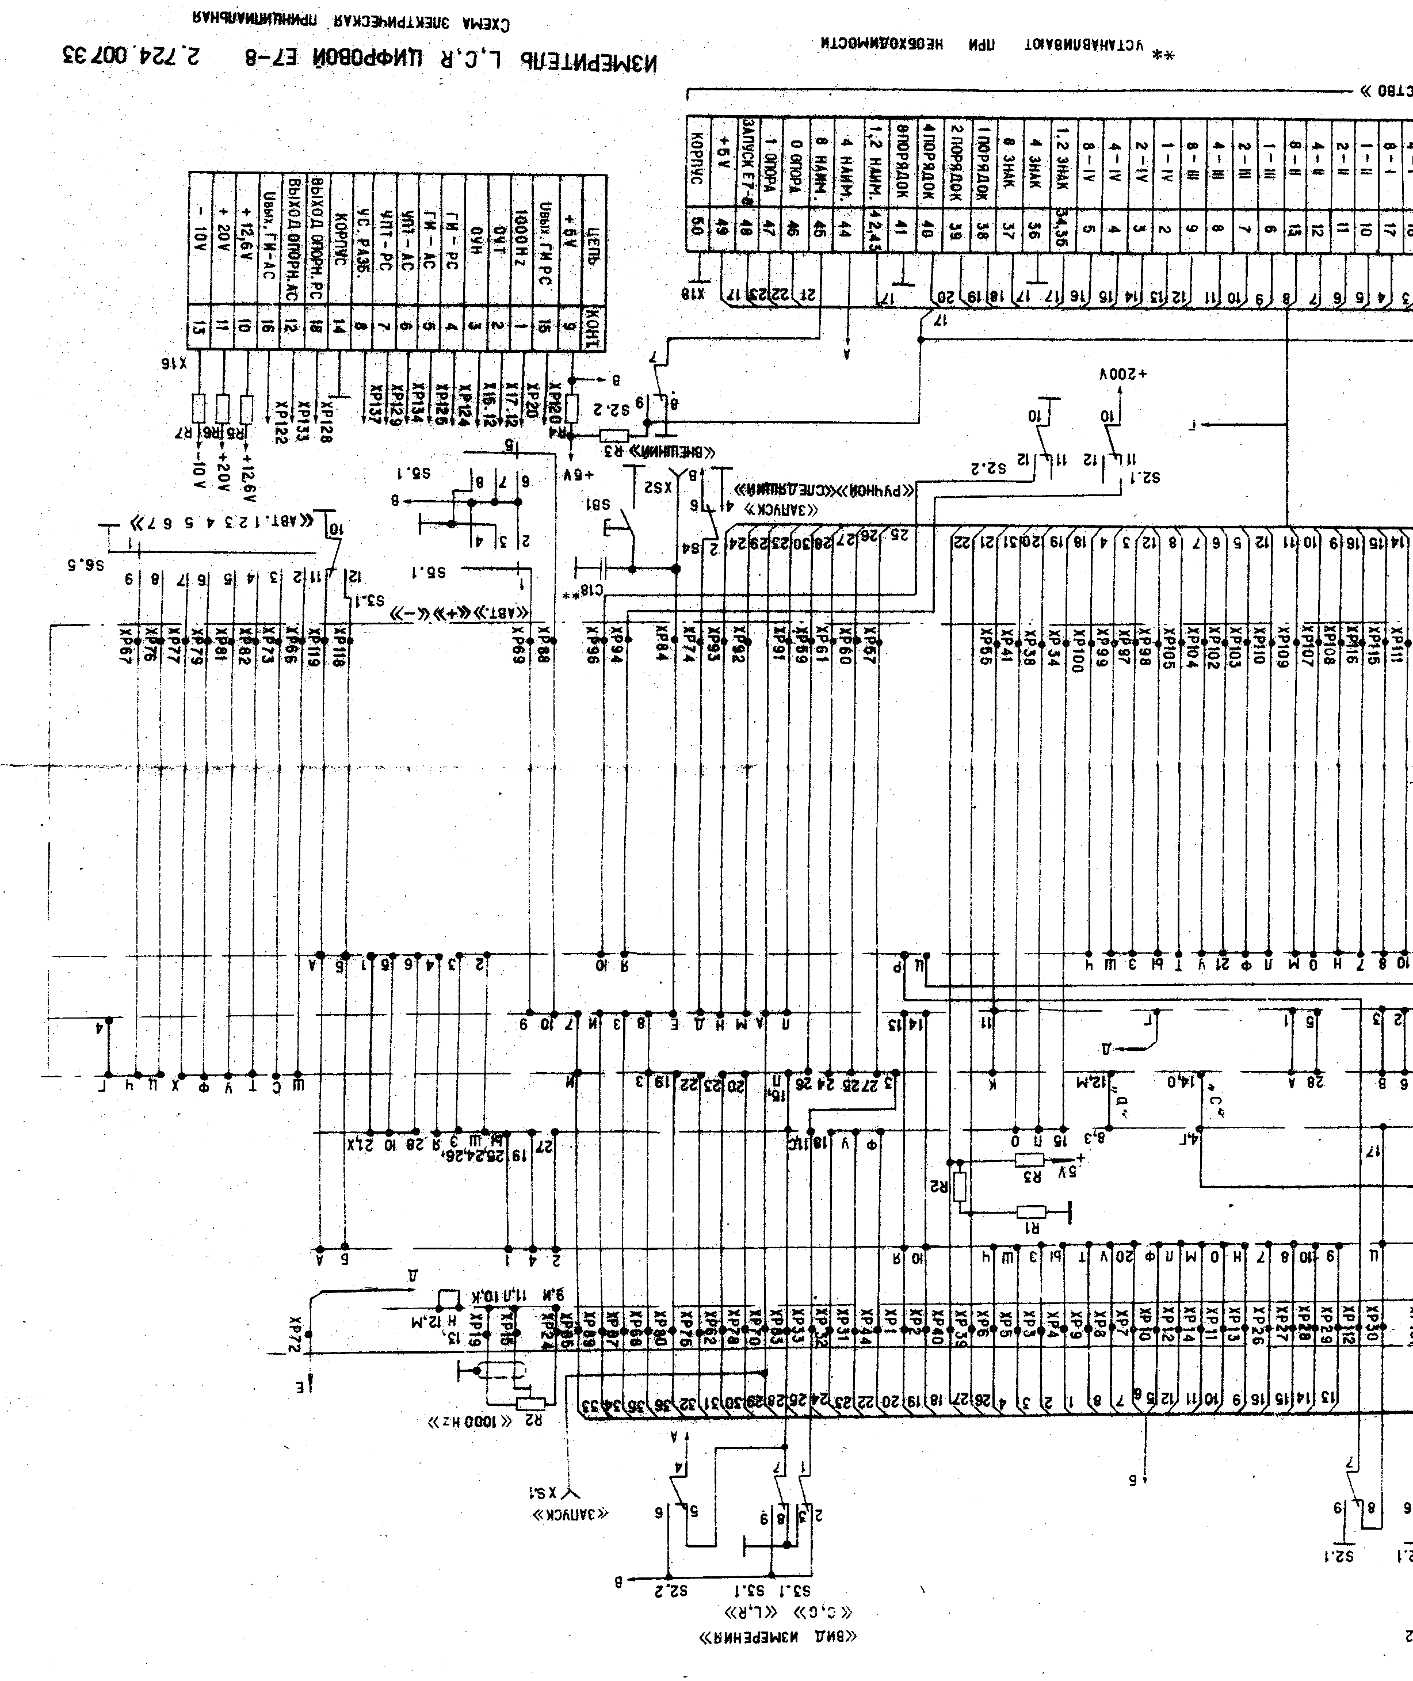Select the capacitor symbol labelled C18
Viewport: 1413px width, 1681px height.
[599, 569]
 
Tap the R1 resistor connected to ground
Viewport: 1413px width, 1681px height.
[1032, 1211]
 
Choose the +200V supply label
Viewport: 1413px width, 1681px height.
[1123, 374]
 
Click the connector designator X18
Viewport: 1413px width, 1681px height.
[692, 294]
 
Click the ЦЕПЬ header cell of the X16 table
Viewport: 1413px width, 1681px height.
[594, 239]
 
